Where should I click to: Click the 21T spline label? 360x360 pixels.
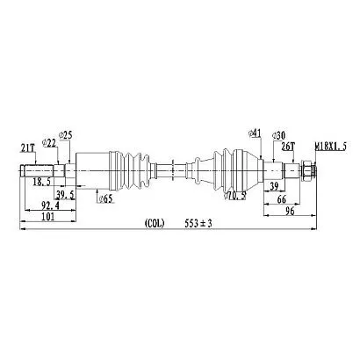pos(27,148)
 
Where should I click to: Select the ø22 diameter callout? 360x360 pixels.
pos(50,143)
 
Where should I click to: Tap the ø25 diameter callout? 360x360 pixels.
pos(65,135)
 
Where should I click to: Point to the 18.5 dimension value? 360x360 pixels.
pos(42,182)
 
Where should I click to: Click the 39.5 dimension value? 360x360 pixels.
pos(65,194)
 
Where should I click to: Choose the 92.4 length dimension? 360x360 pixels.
pos(50,205)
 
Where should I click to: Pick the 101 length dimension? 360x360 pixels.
pos(48,217)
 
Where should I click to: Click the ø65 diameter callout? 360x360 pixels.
pos(106,199)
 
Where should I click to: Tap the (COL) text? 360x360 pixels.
pos(155,224)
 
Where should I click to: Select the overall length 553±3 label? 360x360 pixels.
pos(198,224)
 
